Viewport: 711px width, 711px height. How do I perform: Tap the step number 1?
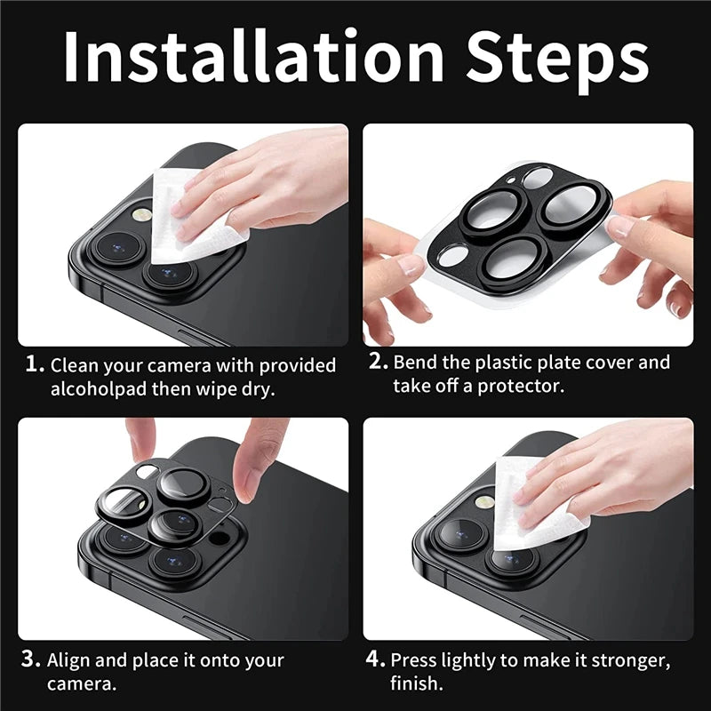[34, 364]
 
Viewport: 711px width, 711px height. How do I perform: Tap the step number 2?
[378, 363]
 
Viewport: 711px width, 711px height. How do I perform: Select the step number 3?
[32, 659]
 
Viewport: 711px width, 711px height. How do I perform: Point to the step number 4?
[376, 659]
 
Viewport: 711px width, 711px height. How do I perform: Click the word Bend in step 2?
[416, 363]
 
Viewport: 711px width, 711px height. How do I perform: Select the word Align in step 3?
[68, 659]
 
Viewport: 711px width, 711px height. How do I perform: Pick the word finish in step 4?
[414, 683]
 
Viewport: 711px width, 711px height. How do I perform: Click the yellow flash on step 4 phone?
[484, 502]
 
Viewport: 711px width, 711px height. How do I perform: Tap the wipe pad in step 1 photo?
[200, 218]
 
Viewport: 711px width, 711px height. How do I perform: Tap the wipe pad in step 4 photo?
[533, 502]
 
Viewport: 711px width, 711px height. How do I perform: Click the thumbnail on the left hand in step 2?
[411, 264]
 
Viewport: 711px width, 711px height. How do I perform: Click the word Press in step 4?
[415, 660]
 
